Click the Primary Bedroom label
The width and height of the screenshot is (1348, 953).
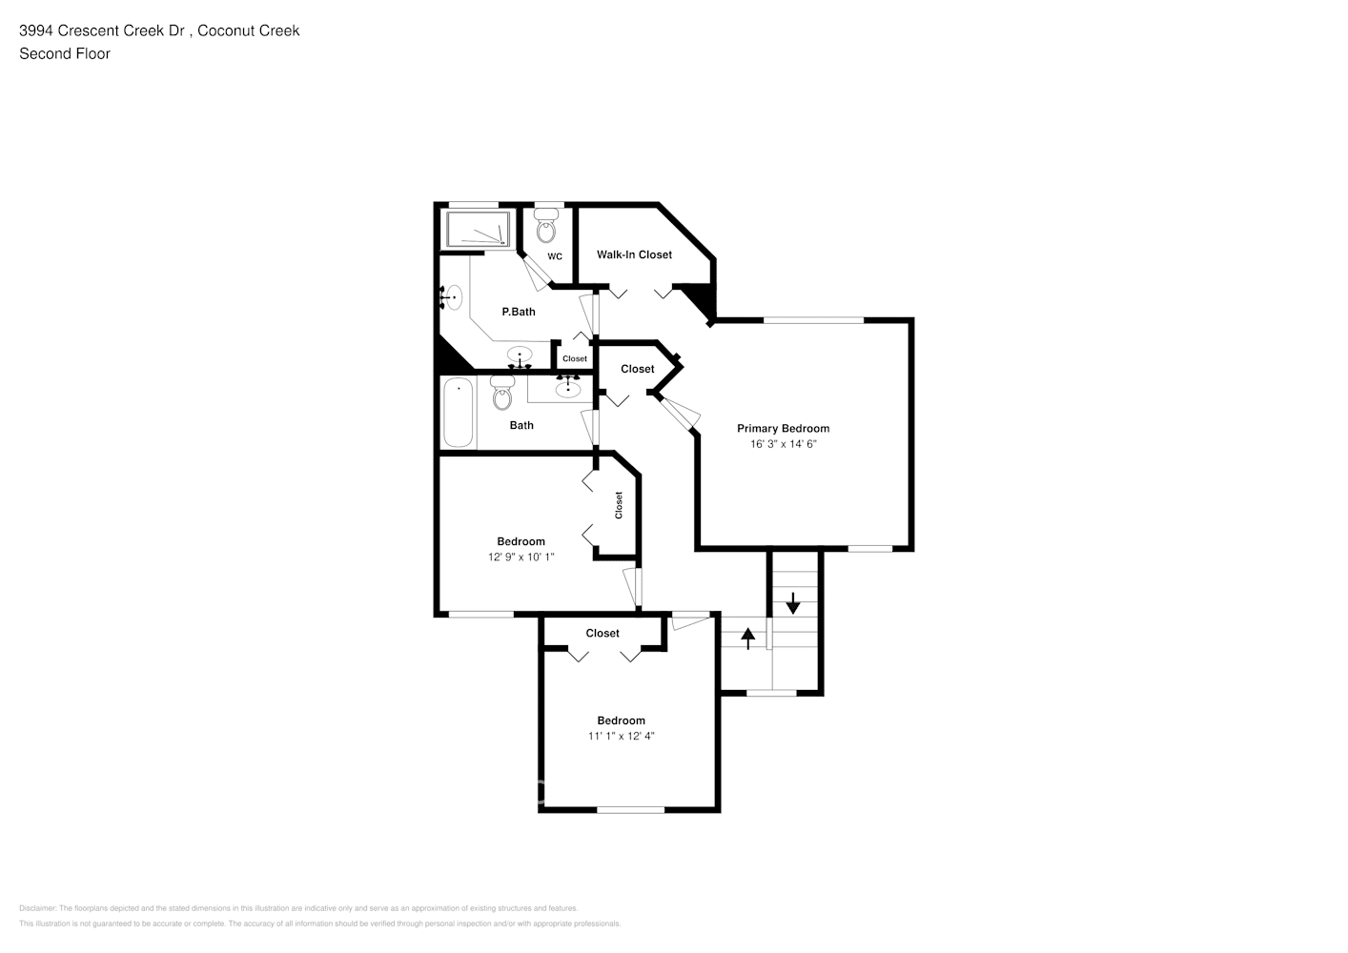click(x=783, y=429)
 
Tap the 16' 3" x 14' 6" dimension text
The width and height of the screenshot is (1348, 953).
click(x=784, y=444)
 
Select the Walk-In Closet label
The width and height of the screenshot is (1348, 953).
click(x=634, y=254)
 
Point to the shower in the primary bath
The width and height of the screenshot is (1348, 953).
click(x=479, y=230)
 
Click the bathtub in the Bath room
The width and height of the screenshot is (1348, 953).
click(x=459, y=413)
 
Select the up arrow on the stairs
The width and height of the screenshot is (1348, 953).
click(x=747, y=638)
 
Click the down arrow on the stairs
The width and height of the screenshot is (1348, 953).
click(x=792, y=602)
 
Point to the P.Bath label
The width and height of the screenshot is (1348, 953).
click(x=519, y=312)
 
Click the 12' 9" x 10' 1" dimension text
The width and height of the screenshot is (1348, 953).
click(x=521, y=557)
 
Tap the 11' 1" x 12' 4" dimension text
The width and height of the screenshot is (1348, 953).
click(x=621, y=736)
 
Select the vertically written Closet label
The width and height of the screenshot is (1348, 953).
click(x=619, y=504)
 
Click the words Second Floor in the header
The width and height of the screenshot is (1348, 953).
click(x=65, y=53)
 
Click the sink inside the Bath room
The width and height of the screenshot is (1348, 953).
click(x=568, y=386)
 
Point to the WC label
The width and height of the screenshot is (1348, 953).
click(x=555, y=256)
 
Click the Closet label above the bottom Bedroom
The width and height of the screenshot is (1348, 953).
click(x=603, y=633)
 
